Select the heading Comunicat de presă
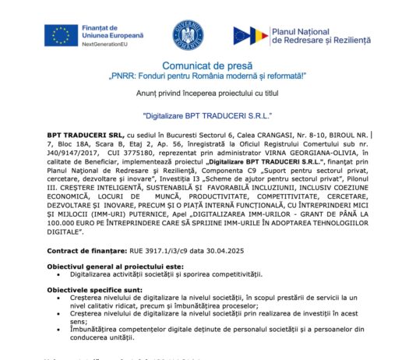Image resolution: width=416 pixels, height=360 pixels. pyautogui.click(x=206, y=68)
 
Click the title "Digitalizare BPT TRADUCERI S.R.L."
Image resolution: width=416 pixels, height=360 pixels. pyautogui.click(x=207, y=115)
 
